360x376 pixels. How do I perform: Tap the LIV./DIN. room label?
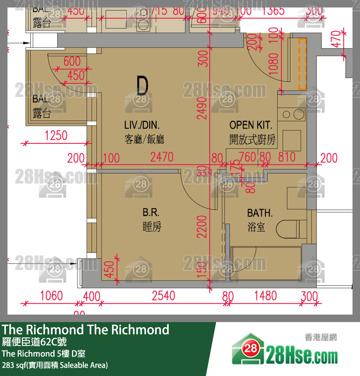(142, 125)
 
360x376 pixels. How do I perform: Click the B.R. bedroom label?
(151, 213)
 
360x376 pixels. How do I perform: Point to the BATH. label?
(260, 213)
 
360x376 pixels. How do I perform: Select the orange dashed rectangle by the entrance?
(302, 64)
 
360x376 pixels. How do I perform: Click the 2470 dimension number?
(162, 157)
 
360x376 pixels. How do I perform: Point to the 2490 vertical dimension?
(203, 108)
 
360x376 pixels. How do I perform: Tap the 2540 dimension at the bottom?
(163, 296)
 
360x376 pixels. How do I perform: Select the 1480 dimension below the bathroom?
(265, 296)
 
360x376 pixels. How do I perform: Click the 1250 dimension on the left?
(56, 136)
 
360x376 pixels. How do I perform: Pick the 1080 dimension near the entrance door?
(274, 64)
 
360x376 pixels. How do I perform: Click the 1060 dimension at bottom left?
(51, 296)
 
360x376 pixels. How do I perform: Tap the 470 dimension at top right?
(336, 39)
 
